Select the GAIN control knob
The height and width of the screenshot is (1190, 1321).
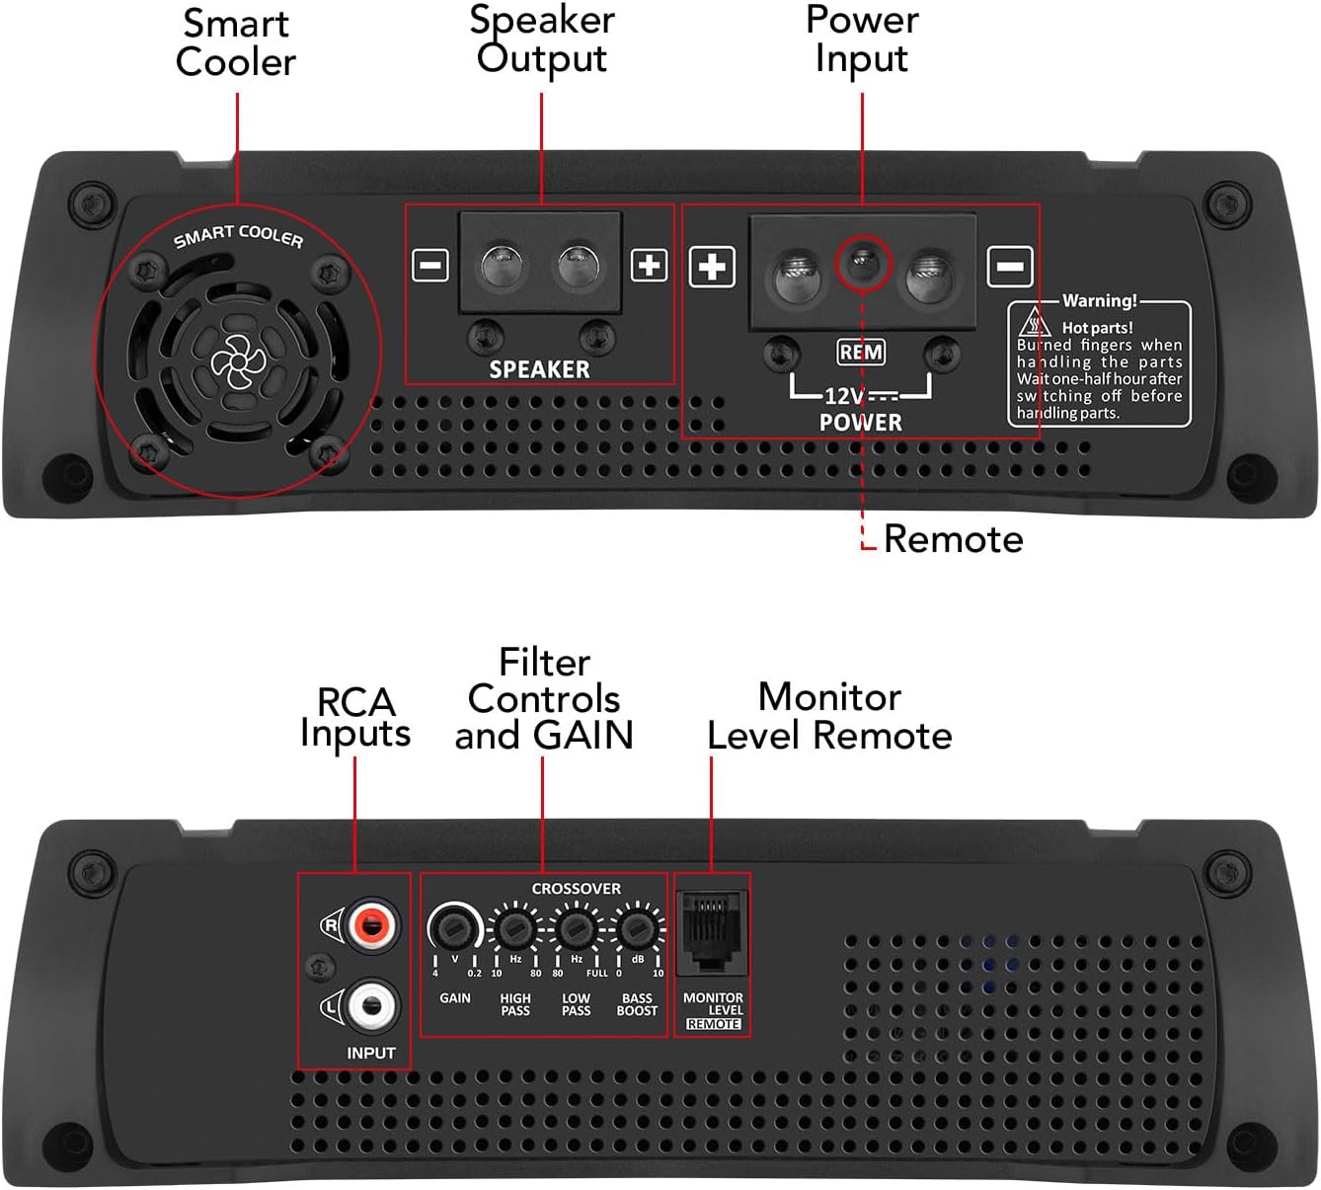click(x=453, y=928)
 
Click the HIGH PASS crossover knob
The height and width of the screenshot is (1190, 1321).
click(x=514, y=928)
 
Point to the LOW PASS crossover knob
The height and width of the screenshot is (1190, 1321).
click(x=576, y=928)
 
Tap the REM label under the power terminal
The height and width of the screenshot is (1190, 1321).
click(x=861, y=353)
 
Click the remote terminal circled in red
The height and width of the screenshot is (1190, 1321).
click(x=864, y=264)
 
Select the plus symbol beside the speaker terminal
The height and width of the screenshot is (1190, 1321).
click(x=649, y=265)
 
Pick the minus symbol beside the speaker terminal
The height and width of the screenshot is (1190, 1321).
click(x=430, y=265)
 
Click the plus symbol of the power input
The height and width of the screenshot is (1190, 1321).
click(x=712, y=267)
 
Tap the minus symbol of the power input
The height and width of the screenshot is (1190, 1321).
click(x=1010, y=267)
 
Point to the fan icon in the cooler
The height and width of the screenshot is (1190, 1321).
click(x=234, y=360)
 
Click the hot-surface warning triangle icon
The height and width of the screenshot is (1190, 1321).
click(x=1034, y=323)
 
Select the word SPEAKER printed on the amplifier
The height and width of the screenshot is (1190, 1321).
click(x=539, y=369)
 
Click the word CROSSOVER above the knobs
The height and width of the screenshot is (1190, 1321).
click(x=577, y=889)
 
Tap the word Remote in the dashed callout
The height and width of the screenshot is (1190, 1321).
click(x=953, y=539)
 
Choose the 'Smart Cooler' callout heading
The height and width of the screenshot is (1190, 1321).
click(x=236, y=42)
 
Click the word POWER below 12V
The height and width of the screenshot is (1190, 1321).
click(x=861, y=422)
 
